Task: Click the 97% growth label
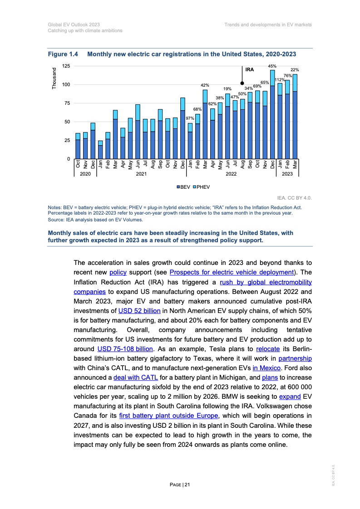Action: [x=190, y=118]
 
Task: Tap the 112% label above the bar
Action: [x=280, y=79]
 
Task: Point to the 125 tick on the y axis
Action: [x=66, y=66]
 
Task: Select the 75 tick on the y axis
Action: [x=67, y=103]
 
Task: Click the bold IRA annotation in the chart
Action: [x=249, y=70]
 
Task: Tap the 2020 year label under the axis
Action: [x=85, y=174]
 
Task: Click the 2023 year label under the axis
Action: [x=287, y=174]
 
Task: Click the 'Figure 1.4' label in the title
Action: [x=63, y=54]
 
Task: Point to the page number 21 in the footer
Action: [x=180, y=485]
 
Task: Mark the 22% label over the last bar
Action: [x=295, y=69]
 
